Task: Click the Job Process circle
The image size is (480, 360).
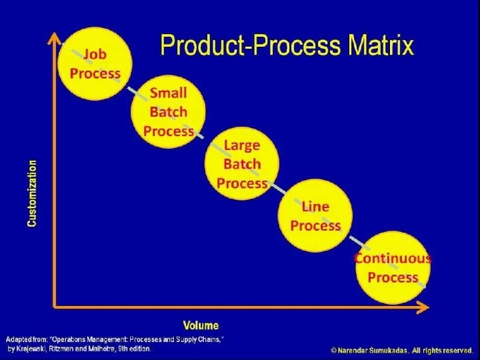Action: (95, 63)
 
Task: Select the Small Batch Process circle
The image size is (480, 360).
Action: (169, 111)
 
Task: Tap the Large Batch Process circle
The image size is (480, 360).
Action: (242, 163)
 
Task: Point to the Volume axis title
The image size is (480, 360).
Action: (201, 325)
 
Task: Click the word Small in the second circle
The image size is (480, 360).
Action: (169, 93)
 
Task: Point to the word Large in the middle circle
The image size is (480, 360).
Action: (242, 145)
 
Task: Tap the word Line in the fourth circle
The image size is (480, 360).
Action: (315, 207)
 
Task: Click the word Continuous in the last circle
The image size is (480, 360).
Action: (393, 259)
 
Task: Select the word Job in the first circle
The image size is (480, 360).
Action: (95, 54)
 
